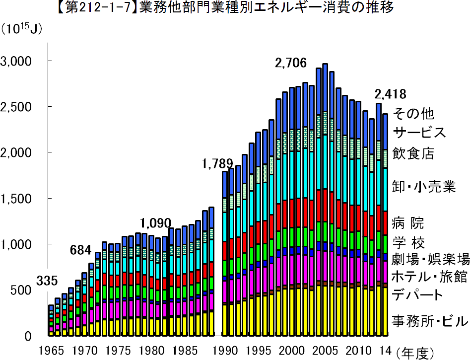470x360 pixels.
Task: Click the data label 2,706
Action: [x=291, y=63]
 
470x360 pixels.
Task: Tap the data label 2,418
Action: [x=390, y=94]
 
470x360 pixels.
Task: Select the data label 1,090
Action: [x=155, y=222]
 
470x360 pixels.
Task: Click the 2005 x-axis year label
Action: [x=325, y=350]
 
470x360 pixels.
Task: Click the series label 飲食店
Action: [x=413, y=153]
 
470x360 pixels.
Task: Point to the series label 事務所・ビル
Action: [x=430, y=322]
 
